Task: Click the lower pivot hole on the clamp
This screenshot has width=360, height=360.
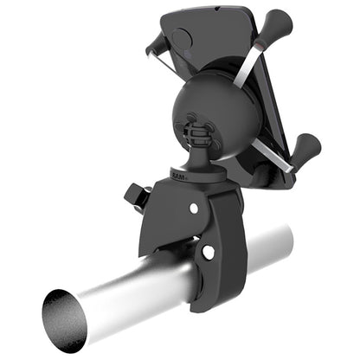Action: [208, 252]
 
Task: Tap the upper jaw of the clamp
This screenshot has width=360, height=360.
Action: [173, 208]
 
